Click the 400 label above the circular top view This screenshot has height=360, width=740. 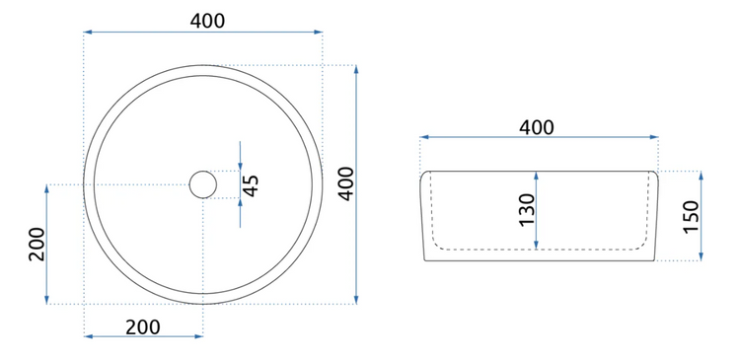pyautogui.click(x=207, y=21)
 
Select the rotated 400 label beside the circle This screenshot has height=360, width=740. pyautogui.click(x=346, y=183)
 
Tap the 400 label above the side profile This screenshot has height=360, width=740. pyautogui.click(x=537, y=127)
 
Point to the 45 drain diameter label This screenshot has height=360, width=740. pyautogui.click(x=251, y=185)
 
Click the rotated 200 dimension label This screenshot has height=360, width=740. pyautogui.click(x=37, y=244)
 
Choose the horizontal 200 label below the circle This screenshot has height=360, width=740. pyautogui.click(x=142, y=327)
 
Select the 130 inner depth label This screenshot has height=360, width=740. pyautogui.click(x=527, y=209)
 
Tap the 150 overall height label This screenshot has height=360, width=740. pyautogui.click(x=691, y=217)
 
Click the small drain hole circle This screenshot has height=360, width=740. pyautogui.click(x=203, y=184)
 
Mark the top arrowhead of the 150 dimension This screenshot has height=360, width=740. pyautogui.click(x=702, y=175)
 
